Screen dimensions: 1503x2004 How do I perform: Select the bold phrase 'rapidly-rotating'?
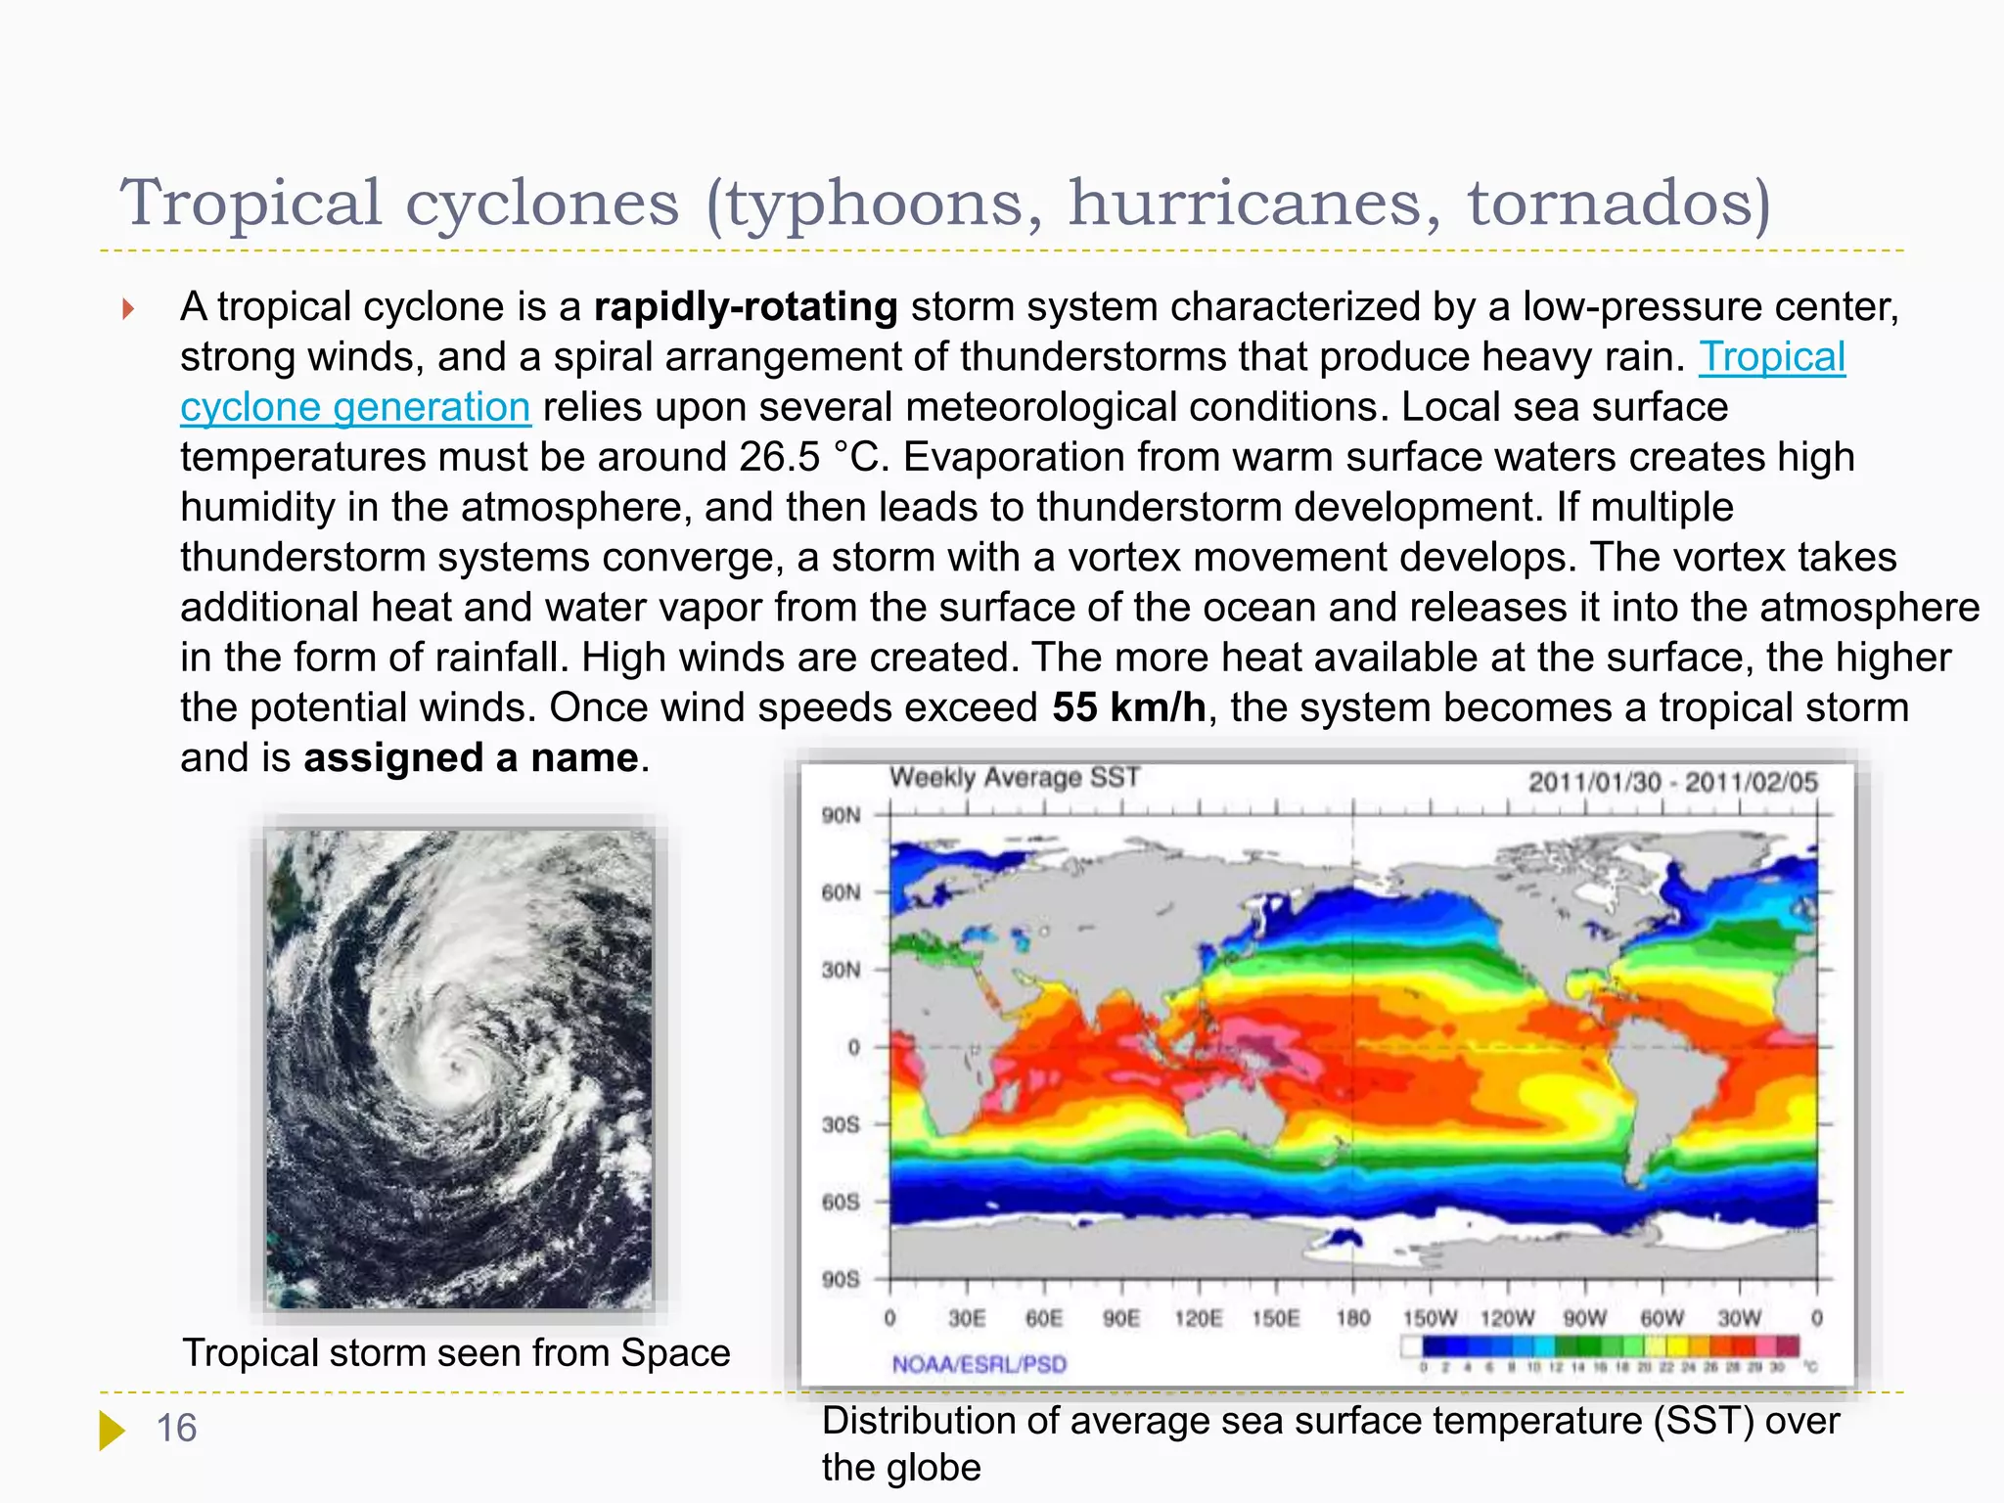point(746,307)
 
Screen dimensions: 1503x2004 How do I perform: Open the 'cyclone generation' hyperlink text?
point(355,407)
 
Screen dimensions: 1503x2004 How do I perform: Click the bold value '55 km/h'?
point(1129,707)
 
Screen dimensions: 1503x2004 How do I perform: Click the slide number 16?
point(176,1429)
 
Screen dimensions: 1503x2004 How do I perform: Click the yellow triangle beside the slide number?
point(112,1430)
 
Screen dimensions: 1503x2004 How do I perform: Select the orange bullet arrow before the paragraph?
point(127,309)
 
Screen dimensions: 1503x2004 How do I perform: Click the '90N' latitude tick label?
point(841,815)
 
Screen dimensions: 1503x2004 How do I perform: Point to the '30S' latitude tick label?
point(841,1124)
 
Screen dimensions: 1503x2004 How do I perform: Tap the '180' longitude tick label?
point(1353,1318)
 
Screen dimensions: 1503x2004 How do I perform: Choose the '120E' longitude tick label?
point(1199,1318)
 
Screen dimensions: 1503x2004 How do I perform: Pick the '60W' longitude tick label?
point(1662,1318)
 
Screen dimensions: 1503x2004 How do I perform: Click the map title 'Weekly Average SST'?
point(1015,778)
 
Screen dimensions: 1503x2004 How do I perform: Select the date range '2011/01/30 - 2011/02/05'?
point(1672,782)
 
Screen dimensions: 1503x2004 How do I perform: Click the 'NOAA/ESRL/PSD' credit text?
point(979,1364)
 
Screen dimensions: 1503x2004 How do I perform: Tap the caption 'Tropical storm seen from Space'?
point(456,1353)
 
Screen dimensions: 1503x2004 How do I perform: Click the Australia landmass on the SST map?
point(1233,1106)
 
